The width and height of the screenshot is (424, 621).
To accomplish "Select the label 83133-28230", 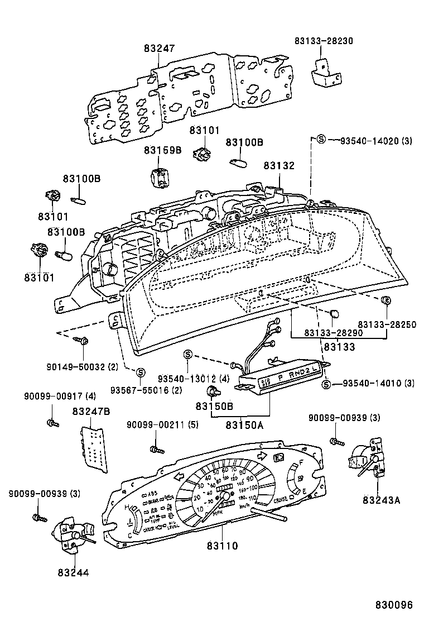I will coord(324,41).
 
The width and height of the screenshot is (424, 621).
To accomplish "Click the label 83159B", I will coord(163,150).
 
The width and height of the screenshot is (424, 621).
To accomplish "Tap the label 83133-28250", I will coord(387,324).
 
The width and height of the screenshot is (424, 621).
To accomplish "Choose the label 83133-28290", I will coord(334,333).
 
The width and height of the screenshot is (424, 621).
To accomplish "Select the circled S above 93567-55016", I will coord(141,372).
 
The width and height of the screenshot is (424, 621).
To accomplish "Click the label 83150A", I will coord(244,424).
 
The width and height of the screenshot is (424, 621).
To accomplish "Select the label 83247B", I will coord(90,412).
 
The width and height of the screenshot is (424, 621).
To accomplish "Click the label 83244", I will coord(73,572).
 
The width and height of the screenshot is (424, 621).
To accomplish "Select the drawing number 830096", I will coord(393,605).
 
